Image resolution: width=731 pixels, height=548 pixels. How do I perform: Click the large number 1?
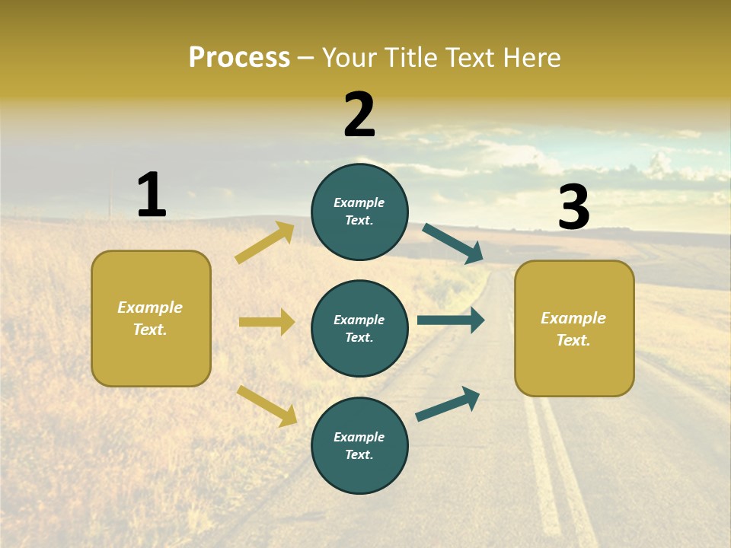pos(152,195)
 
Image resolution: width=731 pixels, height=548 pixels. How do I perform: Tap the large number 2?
pos(359,114)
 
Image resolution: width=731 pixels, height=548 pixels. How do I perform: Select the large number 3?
pos(573,207)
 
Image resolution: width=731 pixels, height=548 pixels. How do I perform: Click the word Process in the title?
pos(239,57)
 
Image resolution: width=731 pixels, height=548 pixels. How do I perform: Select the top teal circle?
pos(359,212)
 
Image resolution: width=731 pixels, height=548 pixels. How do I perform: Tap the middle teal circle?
pos(359,328)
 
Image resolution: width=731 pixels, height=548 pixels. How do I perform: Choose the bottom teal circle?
pos(359,445)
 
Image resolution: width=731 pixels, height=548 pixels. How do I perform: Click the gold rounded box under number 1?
pos(151,318)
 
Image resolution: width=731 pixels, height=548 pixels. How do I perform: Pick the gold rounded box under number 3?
pos(574,328)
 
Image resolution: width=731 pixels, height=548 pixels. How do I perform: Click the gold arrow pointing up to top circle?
pos(265,243)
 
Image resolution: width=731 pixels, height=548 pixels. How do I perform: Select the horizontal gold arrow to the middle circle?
pos(267,322)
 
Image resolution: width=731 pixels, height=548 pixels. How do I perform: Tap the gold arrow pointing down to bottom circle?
pos(267,406)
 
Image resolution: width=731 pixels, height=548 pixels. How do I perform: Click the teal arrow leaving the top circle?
pos(453,244)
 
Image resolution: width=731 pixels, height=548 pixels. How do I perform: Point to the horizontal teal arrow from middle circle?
pos(450,320)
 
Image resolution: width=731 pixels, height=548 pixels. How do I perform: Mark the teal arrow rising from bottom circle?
pos(448,404)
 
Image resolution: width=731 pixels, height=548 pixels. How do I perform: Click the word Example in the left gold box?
pos(150,307)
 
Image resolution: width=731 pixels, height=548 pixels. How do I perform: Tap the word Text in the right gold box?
pos(573,340)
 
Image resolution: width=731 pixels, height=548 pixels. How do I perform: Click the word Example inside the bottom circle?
pos(359,437)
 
